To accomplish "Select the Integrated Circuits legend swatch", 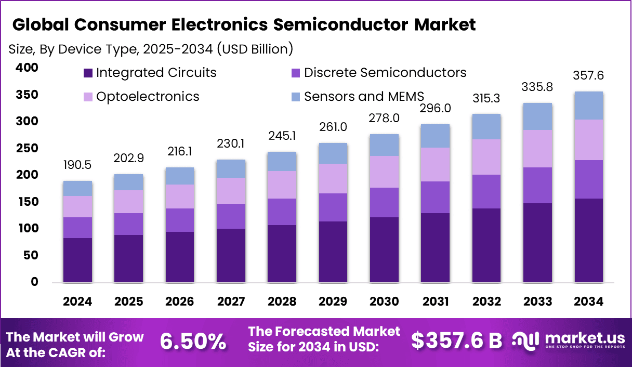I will point(87,73).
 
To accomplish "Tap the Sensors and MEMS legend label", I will point(364,96).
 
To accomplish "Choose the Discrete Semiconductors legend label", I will point(385,73).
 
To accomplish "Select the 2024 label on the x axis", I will point(77,302).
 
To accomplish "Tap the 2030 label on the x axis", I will point(384,302).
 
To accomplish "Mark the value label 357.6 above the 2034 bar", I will point(588,75).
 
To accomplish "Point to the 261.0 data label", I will point(333,127).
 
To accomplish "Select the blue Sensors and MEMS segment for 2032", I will point(486,126).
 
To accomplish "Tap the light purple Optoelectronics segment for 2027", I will point(231,191).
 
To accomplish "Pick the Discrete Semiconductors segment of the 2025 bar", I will point(128,224).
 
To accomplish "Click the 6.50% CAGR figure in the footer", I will point(193,342).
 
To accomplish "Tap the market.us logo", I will point(567,340).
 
